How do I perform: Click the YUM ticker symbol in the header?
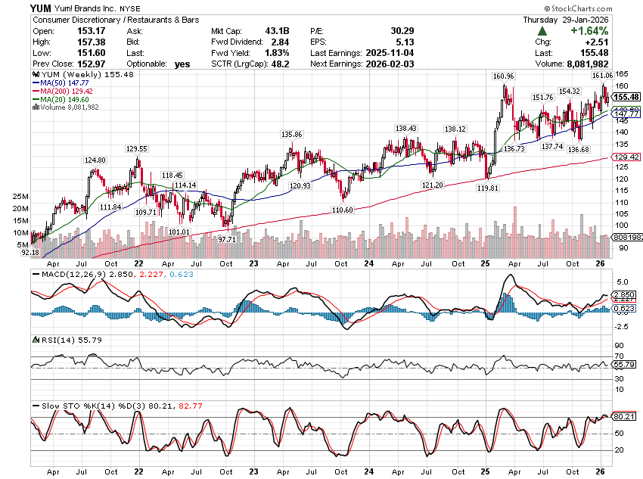pyautogui.click(x=41, y=7)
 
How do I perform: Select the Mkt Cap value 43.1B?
pyautogui.click(x=278, y=30)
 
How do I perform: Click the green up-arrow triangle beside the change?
pyautogui.click(x=542, y=30)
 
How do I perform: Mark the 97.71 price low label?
pyautogui.click(x=227, y=238)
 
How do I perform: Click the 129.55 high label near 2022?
pyautogui.click(x=137, y=149)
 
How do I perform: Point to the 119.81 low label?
pyautogui.click(x=487, y=188)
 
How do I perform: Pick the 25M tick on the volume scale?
pyautogui.click(x=20, y=197)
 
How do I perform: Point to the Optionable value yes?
pyautogui.click(x=182, y=64)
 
